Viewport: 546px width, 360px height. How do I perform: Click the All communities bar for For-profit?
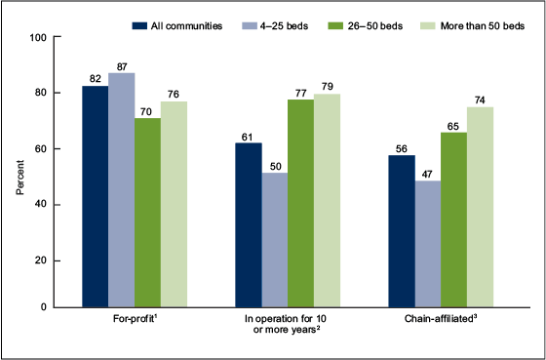click(95, 196)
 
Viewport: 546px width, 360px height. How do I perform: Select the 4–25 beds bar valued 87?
click(121, 189)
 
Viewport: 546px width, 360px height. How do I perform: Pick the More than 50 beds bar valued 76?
click(174, 204)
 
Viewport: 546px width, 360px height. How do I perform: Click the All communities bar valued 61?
click(249, 225)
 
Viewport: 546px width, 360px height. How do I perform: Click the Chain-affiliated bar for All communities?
click(402, 231)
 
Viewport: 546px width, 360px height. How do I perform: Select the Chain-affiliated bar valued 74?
click(481, 207)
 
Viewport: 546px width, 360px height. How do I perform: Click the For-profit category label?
click(135, 321)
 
